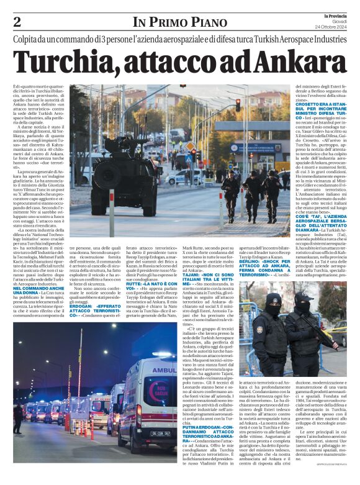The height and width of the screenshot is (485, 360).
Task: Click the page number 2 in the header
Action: [17, 22]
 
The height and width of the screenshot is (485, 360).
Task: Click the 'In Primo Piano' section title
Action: [179, 23]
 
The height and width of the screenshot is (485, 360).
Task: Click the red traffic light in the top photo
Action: [236, 106]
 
